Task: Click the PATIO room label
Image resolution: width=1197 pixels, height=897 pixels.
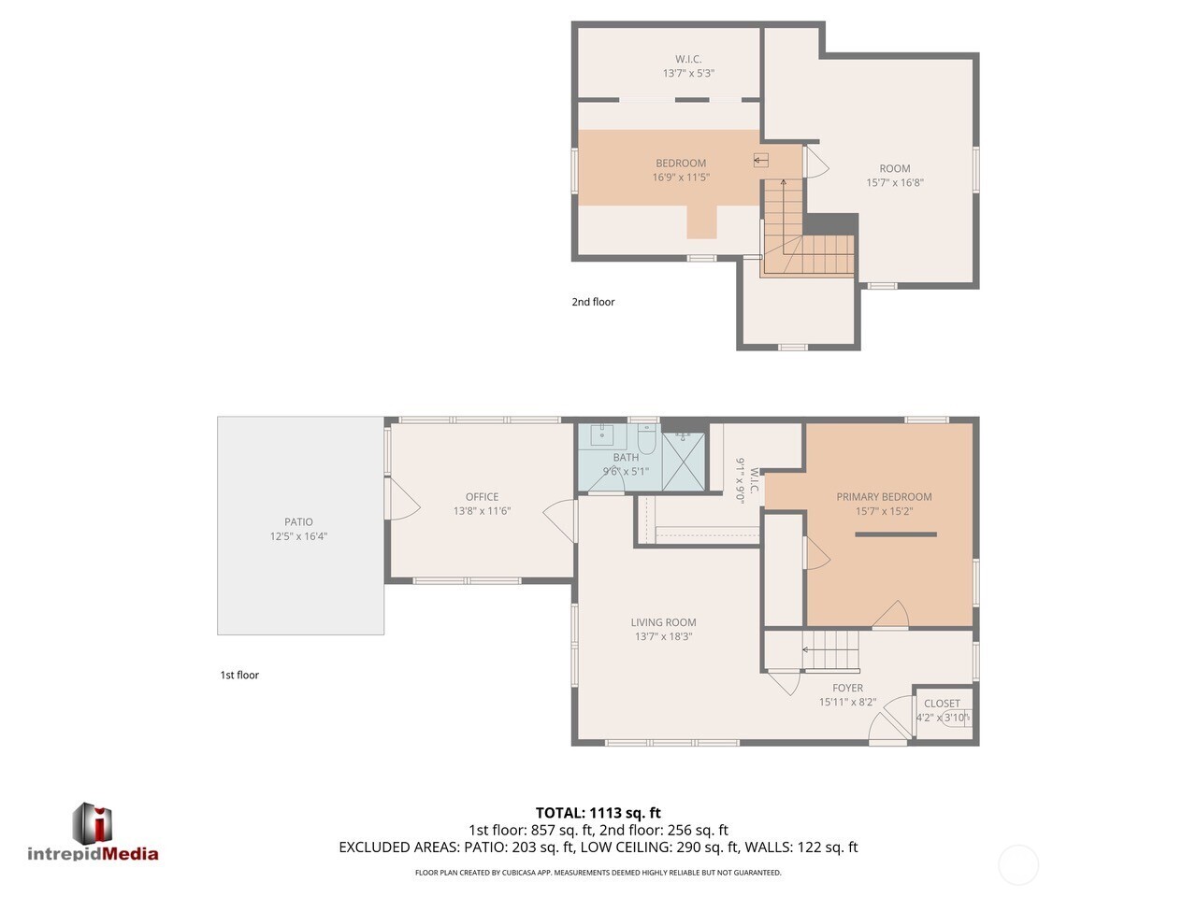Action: (x=298, y=522)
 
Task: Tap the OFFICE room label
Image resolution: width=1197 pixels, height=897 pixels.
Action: (x=482, y=497)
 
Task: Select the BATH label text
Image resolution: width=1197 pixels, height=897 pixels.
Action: (x=626, y=457)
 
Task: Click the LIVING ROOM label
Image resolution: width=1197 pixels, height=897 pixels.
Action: (x=663, y=622)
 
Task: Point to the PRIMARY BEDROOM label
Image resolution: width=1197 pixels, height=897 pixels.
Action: (x=884, y=497)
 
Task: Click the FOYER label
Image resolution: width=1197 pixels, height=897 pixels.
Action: (x=847, y=688)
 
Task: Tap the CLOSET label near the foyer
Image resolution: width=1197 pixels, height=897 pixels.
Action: (x=942, y=704)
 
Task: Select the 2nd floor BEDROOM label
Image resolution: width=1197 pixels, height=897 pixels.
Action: (x=680, y=164)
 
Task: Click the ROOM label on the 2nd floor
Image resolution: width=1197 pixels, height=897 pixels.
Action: (x=894, y=169)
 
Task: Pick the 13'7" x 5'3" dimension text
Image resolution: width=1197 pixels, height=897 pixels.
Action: (x=688, y=73)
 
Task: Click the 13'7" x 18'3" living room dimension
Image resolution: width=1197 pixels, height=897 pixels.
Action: (x=663, y=637)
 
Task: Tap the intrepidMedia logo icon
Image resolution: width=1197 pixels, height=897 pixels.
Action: (x=93, y=822)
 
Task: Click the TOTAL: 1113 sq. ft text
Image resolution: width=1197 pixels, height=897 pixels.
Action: (x=598, y=813)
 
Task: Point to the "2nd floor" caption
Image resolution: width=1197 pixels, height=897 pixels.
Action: (x=593, y=302)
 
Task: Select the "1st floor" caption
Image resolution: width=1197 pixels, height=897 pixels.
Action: (x=239, y=675)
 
